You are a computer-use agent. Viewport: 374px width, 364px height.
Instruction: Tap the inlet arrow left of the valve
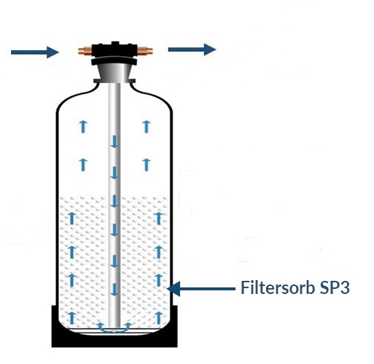(x=35, y=52)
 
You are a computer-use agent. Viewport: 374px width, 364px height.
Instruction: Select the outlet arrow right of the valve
(x=192, y=50)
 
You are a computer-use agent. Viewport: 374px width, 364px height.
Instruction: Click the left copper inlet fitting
(x=85, y=51)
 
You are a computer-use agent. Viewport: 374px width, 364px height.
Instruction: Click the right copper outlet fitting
(x=145, y=51)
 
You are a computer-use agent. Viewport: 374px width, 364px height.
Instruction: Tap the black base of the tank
(x=114, y=337)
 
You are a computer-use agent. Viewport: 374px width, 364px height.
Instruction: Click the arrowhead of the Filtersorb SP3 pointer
(x=174, y=289)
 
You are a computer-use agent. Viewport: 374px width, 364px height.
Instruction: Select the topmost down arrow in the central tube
(x=114, y=142)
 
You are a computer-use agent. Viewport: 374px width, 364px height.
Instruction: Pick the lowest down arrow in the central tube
(x=114, y=290)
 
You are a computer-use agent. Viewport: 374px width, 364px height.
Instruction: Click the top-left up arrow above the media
(x=83, y=126)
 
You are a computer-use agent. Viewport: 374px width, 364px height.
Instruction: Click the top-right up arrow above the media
(x=146, y=126)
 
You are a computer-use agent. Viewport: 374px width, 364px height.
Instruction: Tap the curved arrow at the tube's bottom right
(x=126, y=328)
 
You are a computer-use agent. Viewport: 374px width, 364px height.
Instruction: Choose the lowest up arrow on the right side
(x=159, y=317)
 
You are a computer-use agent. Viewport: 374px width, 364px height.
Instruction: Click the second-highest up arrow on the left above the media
(x=83, y=165)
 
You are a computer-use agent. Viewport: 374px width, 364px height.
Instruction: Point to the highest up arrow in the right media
(x=159, y=218)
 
